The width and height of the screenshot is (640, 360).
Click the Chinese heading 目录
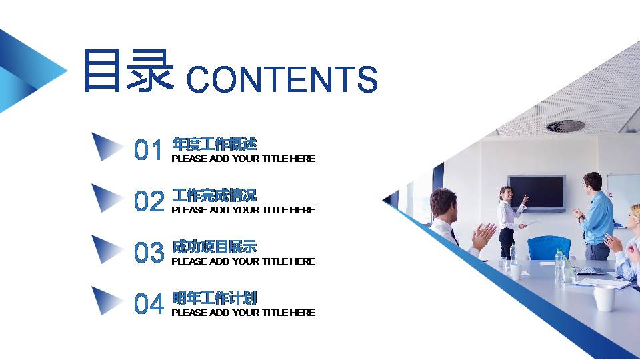point(127,71)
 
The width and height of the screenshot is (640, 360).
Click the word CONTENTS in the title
point(282,79)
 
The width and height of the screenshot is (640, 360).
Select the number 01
point(149,151)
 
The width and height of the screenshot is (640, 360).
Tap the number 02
point(149,201)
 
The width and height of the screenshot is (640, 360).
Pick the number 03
point(149,253)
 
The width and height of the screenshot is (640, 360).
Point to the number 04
point(149,304)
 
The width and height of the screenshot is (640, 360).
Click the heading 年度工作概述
point(214,143)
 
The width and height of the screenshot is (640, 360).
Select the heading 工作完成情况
point(214,195)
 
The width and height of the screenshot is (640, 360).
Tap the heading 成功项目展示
point(214,247)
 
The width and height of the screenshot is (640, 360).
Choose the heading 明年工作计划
point(214,297)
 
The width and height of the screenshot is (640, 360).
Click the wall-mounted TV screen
point(537,191)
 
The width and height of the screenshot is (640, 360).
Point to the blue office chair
point(549,247)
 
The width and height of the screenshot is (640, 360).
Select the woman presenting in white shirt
point(508,220)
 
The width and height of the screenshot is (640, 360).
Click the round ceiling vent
point(565,126)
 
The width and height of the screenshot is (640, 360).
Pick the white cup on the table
point(604,298)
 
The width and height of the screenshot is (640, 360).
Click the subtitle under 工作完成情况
point(243,210)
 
